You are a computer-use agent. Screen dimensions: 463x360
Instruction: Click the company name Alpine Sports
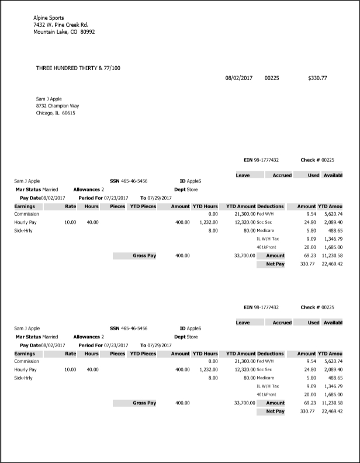point(49,18)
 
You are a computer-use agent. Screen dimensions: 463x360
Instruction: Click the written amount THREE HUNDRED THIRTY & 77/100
point(78,68)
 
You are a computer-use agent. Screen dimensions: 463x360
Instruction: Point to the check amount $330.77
point(317,78)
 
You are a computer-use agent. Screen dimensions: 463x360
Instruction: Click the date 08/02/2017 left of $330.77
point(238,78)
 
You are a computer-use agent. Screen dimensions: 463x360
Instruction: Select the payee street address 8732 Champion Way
point(57,106)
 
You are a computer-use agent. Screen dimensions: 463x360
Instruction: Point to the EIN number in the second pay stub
point(266,307)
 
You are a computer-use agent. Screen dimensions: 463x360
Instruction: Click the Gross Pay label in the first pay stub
point(144,255)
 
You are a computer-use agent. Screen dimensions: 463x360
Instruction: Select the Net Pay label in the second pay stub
point(275,411)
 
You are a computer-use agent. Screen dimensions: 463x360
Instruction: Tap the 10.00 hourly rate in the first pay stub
point(70,222)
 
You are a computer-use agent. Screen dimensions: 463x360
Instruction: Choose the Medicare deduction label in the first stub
point(266,231)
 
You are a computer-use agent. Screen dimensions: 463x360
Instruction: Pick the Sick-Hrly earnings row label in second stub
point(25,378)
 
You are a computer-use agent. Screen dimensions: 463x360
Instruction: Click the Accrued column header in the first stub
point(282,175)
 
